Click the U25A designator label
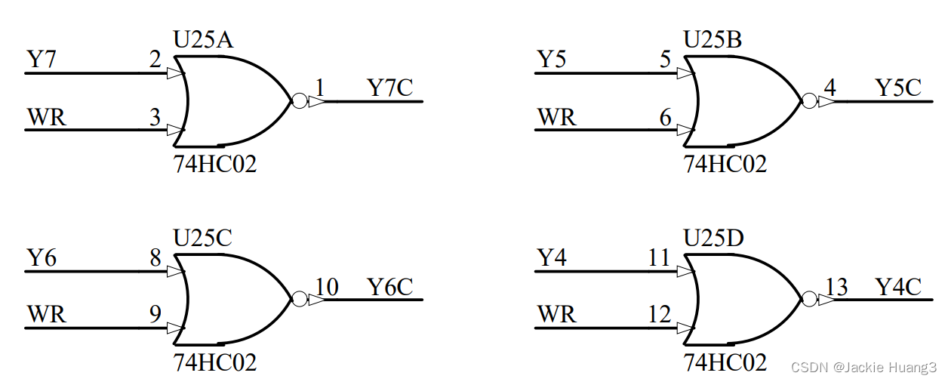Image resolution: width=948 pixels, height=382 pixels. tap(203, 39)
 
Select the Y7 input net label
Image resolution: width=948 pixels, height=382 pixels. tap(42, 59)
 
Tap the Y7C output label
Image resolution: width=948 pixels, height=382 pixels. tap(390, 88)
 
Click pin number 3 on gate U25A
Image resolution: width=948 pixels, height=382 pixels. tap(155, 117)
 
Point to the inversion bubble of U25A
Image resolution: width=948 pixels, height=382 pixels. tap(300, 101)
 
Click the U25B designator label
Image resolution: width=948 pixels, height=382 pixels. tap(713, 39)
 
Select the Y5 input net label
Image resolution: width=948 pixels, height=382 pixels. tap(551, 59)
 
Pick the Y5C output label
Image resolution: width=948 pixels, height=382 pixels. tap(898, 88)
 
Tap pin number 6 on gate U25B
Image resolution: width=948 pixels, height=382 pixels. tap(665, 117)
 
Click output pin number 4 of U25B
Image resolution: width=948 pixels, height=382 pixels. tap(830, 88)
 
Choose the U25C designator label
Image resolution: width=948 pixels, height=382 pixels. tap(203, 238)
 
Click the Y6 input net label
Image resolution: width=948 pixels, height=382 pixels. tap(42, 257)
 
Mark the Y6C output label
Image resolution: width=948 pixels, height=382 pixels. tap(390, 287)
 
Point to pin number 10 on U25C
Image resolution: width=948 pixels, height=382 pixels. tap(326, 287)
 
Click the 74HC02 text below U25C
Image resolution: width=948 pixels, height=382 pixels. tap(215, 362)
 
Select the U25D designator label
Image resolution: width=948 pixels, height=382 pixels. tap(713, 238)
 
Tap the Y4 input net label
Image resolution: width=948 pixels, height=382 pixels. tap(551, 257)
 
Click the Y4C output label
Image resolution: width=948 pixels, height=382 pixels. tap(898, 287)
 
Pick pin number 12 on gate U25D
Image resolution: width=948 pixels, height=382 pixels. tap(660, 315)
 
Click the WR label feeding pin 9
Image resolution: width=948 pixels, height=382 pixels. tap(46, 314)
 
